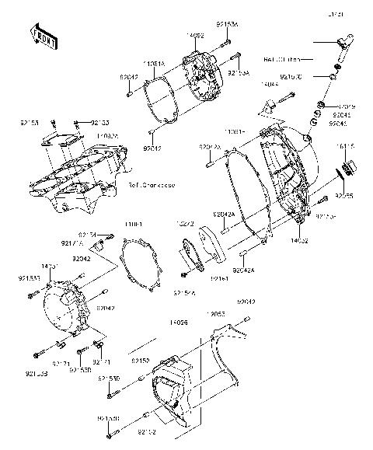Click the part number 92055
pos(345,197)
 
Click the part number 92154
pos(87,234)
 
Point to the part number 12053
pos(215,314)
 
